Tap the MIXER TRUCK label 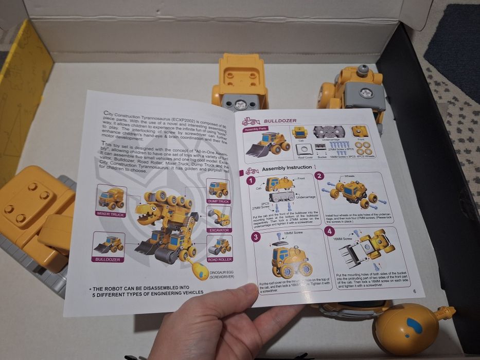click(x=111, y=213)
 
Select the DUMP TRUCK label click(x=218, y=202)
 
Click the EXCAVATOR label click(x=219, y=230)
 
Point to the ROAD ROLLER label click(x=220, y=259)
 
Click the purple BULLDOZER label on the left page click(x=108, y=259)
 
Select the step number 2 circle click(x=319, y=176)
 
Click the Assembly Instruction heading click(x=287, y=168)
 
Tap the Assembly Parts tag click(x=256, y=130)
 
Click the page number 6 click(x=414, y=292)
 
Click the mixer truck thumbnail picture click(x=111, y=197)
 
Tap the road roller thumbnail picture click(x=219, y=245)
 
